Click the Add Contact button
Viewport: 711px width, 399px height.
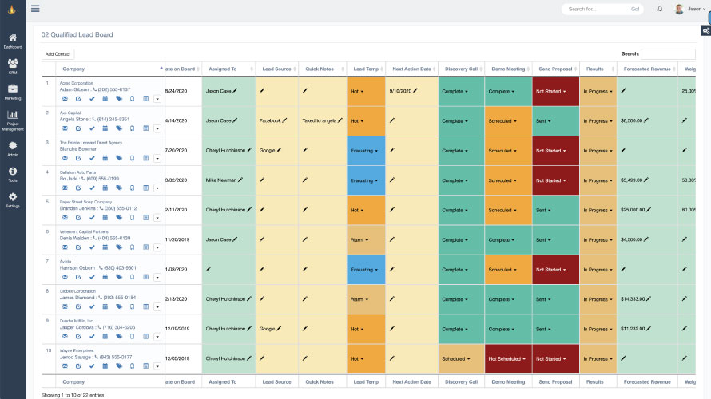tap(58, 53)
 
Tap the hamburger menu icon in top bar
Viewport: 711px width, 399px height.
tap(34, 9)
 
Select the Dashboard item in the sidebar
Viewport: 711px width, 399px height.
tap(13, 41)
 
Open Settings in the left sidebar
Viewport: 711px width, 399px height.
tap(13, 199)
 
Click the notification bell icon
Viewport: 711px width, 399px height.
tap(660, 9)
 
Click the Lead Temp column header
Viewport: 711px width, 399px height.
tap(365, 69)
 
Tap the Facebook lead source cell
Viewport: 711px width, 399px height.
tap(270, 120)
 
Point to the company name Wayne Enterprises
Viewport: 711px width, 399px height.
tap(78, 350)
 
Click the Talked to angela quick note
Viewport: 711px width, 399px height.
tap(320, 120)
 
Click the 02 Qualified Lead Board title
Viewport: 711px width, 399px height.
tap(77, 35)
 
